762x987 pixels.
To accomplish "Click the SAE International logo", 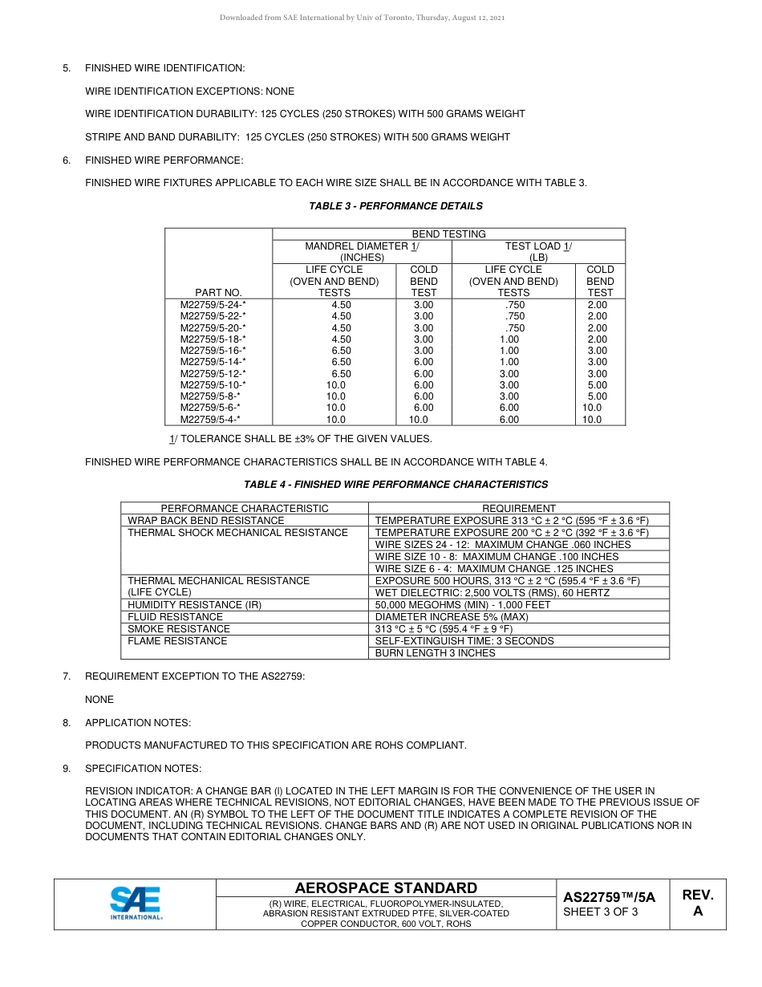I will click(x=136, y=903).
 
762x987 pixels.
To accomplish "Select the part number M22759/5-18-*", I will click(x=213, y=339).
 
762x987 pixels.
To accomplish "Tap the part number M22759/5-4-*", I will click(x=210, y=420).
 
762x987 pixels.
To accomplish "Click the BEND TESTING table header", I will click(x=448, y=234).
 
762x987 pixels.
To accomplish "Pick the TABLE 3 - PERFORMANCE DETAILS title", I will click(x=395, y=206).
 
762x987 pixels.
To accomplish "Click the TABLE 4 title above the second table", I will click(x=395, y=485).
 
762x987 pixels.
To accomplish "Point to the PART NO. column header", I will click(x=218, y=293).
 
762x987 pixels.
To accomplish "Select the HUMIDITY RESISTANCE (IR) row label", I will click(x=195, y=605).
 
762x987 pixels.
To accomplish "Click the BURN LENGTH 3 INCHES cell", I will click(x=435, y=653).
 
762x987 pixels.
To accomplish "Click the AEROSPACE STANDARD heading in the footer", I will click(x=386, y=888).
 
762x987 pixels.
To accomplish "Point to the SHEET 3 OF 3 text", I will click(x=601, y=912).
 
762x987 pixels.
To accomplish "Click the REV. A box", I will click(x=697, y=903).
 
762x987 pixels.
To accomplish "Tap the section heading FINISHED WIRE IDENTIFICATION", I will click(x=164, y=68).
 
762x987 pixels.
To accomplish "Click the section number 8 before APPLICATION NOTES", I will click(x=67, y=723).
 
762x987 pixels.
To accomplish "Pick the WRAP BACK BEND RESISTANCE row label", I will click(x=206, y=521).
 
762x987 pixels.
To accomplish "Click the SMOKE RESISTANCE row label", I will click(x=179, y=629).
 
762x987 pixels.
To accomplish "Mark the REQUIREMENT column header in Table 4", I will click(x=518, y=509).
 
